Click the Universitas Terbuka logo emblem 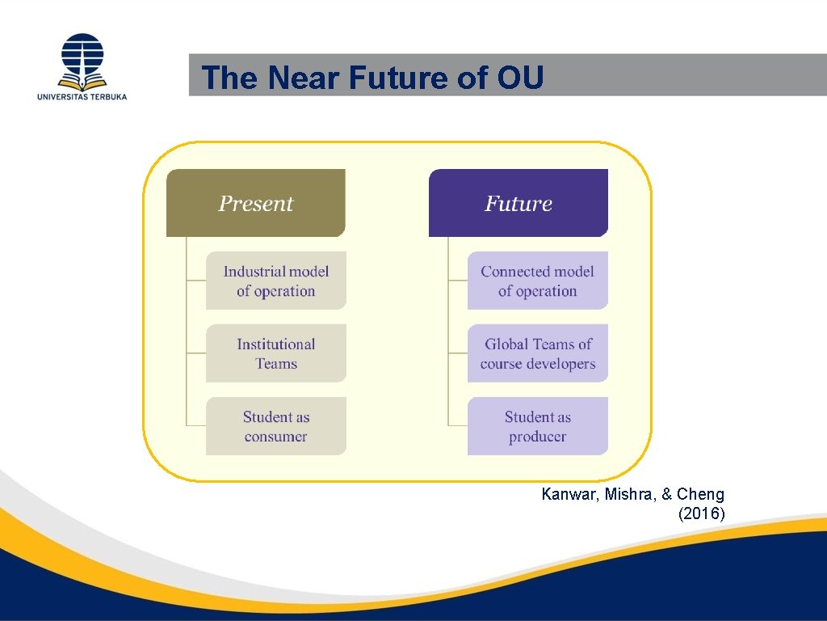point(82,61)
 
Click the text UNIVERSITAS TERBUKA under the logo point(82,96)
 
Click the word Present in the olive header point(255,203)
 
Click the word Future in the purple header point(518,203)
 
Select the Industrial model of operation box point(276,281)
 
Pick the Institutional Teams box point(276,353)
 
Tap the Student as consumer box point(276,426)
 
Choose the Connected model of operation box point(538,281)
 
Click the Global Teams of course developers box point(538,353)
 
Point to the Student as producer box point(538,426)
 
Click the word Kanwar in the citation point(566,494)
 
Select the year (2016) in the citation point(702,513)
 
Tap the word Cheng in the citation point(700,494)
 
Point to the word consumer point(276,437)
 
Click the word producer point(538,437)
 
